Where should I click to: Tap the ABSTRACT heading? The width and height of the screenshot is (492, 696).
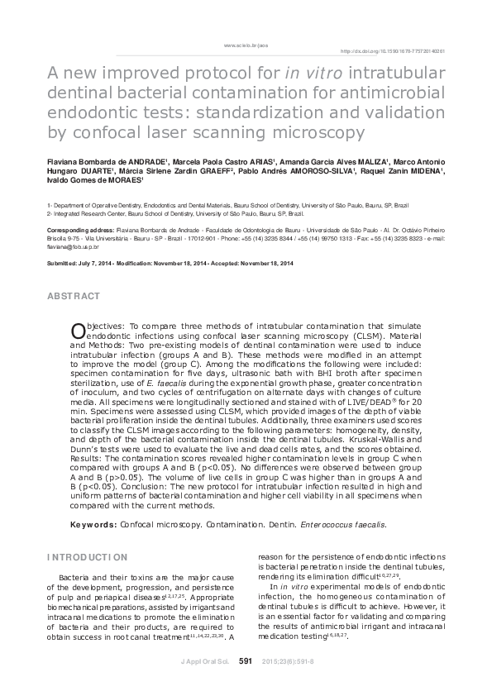point(73,296)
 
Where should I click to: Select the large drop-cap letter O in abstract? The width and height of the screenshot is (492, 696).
point(79,331)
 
